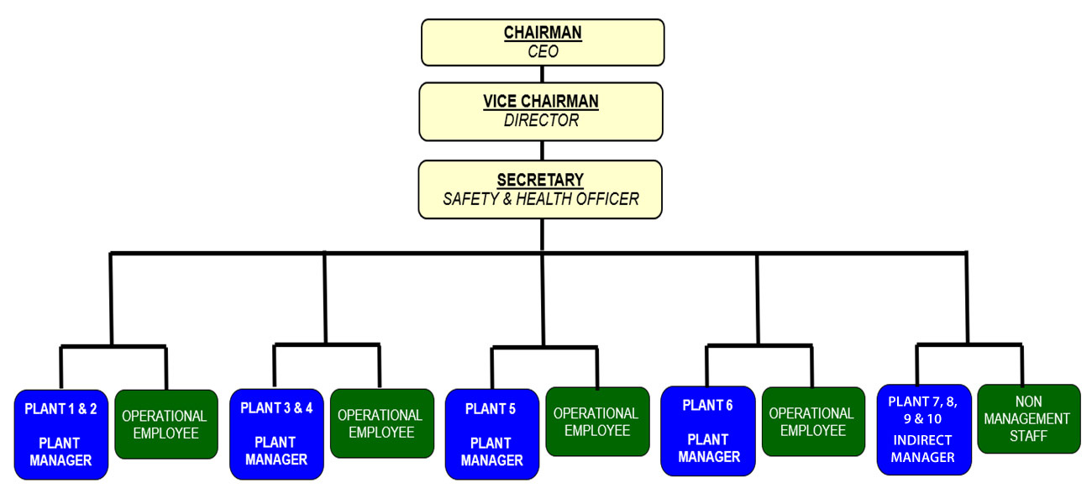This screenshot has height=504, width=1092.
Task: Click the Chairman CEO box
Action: (x=543, y=42)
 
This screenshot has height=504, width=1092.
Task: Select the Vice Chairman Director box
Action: (x=541, y=111)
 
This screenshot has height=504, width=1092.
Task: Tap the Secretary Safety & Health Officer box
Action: (x=541, y=190)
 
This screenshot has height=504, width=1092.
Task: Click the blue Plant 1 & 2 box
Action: (x=61, y=434)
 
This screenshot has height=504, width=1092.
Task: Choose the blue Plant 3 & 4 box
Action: (x=276, y=434)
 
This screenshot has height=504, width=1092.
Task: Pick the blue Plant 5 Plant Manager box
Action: (x=492, y=434)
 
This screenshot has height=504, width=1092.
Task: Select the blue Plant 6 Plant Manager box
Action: (x=708, y=431)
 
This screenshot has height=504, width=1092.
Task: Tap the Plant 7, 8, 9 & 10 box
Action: (x=924, y=429)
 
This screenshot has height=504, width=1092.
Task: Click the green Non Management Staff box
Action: (x=1028, y=418)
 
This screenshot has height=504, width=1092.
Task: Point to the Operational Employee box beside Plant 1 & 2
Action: (x=165, y=424)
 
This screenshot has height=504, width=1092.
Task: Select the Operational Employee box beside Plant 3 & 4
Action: (x=381, y=423)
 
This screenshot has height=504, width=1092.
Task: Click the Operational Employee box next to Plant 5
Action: (x=596, y=422)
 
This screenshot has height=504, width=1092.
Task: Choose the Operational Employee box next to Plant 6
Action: (x=812, y=422)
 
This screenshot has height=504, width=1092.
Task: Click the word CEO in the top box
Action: (x=543, y=52)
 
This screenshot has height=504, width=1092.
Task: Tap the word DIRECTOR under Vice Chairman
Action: (x=541, y=121)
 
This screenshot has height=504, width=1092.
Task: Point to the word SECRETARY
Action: (x=540, y=181)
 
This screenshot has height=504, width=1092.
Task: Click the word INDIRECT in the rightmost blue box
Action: (x=924, y=440)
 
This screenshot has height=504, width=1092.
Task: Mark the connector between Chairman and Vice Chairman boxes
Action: (x=543, y=74)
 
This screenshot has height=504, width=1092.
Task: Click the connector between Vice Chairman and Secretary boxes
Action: (x=542, y=150)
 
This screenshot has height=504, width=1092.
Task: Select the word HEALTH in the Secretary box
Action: (x=561, y=200)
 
